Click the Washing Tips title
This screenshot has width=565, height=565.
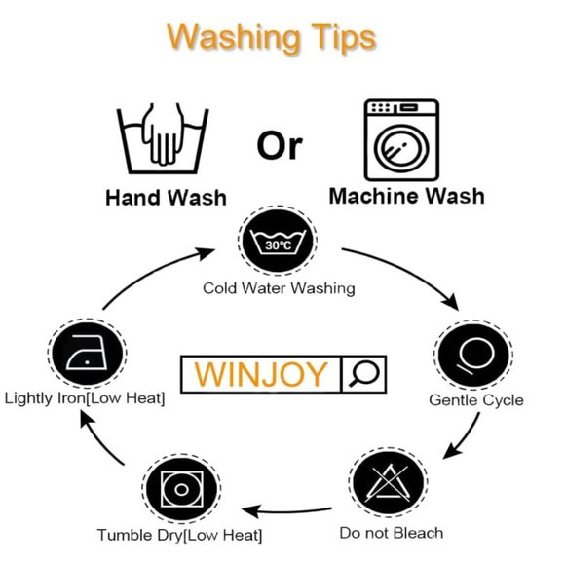click(272, 39)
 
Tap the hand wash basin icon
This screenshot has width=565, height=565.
click(163, 138)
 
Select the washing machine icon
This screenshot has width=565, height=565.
click(401, 140)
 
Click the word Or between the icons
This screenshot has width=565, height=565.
click(280, 146)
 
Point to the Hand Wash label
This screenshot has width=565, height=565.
click(167, 198)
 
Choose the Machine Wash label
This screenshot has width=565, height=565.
click(407, 197)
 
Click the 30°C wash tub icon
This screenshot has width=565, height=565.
click(278, 241)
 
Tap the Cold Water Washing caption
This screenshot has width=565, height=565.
click(279, 288)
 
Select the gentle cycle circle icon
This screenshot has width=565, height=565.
click(473, 355)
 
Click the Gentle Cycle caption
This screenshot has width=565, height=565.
click(476, 400)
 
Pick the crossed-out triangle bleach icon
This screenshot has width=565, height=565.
click(389, 482)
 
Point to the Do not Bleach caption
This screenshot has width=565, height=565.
click(392, 533)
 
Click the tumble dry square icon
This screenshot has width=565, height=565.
click(181, 489)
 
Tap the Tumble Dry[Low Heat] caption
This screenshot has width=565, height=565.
click(179, 535)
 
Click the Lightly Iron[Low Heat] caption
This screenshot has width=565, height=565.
click(85, 398)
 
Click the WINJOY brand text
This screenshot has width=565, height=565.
click(261, 374)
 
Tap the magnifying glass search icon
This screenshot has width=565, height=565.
click(364, 374)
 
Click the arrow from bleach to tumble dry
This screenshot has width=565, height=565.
click(286, 511)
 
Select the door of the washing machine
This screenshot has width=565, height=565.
click(401, 148)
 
